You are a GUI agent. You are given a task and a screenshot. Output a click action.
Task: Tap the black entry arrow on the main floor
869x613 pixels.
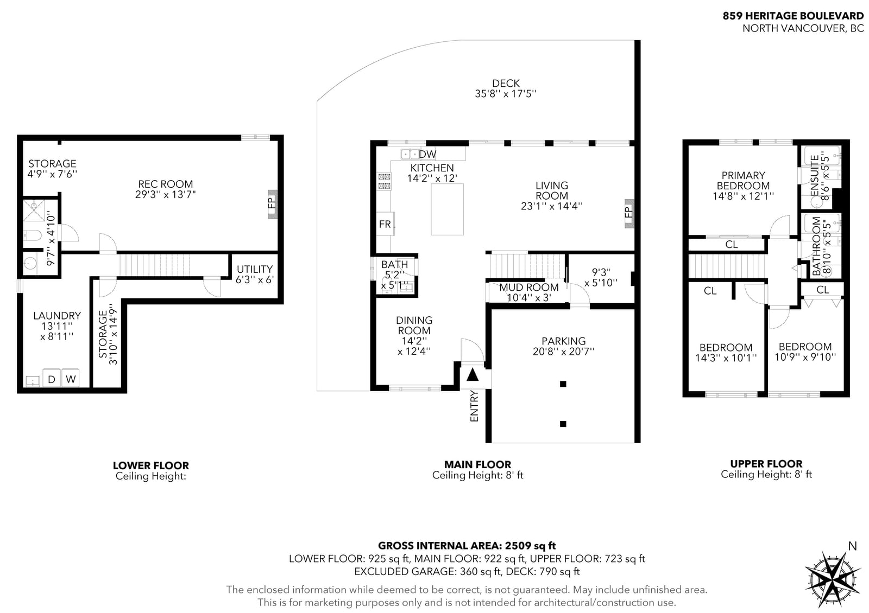472,375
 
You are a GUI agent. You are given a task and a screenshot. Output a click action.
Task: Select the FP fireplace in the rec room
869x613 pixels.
272,204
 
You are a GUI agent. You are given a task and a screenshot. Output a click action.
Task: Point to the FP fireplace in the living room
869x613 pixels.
629,213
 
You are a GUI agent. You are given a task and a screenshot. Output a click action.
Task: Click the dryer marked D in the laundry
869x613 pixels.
51,378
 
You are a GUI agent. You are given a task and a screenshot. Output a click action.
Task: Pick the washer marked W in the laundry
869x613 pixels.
70,378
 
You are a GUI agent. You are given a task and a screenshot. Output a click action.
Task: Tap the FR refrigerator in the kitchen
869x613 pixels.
385,224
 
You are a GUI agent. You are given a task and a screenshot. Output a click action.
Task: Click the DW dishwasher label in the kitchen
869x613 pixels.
427,154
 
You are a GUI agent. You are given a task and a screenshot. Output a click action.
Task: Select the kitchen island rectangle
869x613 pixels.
448,209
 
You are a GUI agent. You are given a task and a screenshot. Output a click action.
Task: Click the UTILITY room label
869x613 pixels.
255,269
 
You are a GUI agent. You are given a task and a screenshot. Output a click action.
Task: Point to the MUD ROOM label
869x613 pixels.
529,287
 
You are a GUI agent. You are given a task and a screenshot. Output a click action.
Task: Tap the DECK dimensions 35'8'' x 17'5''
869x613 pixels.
506,94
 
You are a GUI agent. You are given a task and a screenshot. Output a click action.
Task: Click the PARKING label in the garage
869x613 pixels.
564,341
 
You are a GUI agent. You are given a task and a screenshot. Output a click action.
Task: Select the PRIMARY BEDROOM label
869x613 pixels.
743,181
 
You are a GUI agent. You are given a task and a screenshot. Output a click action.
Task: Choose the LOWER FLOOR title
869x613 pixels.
151,465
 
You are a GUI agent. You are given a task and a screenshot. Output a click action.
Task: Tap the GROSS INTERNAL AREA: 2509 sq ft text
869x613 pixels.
467,546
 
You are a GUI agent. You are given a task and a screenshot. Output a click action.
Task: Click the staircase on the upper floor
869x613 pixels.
728,266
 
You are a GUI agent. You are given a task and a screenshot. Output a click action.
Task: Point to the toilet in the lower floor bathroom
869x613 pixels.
32,235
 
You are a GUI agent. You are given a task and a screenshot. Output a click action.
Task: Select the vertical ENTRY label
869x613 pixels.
474,406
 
